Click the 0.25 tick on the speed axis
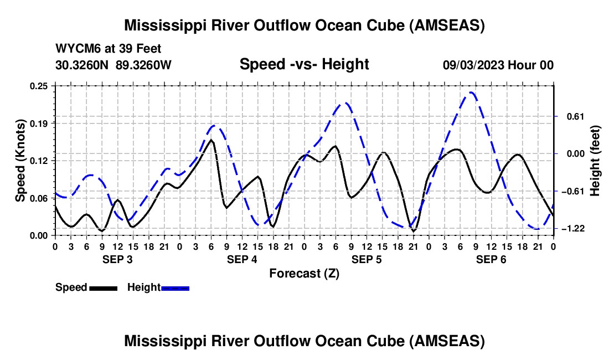click(x=39, y=86)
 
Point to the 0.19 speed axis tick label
click(x=39, y=124)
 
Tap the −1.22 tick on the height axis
click(x=573, y=229)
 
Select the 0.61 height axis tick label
click(x=576, y=116)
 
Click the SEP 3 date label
click(x=117, y=259)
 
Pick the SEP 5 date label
click(x=367, y=259)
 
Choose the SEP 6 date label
click(x=491, y=259)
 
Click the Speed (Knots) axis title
click(x=20, y=161)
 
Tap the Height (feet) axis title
click(x=595, y=161)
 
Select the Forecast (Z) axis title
click(x=304, y=274)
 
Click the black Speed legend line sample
click(x=104, y=288)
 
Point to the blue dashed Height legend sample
click(x=175, y=288)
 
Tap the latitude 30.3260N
click(x=81, y=65)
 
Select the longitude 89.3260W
click(x=143, y=65)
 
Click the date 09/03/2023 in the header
click(x=473, y=65)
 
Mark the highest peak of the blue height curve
click(x=471, y=92)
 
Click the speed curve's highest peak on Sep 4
click(x=211, y=140)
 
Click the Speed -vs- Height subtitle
click(x=304, y=64)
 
